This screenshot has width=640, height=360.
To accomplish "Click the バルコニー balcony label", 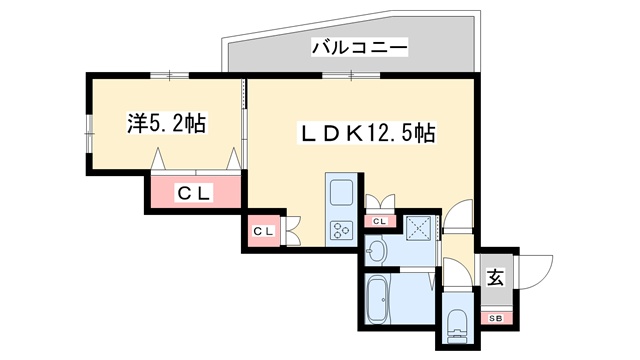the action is click(x=358, y=47).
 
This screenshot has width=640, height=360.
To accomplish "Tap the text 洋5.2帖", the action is click(x=166, y=124).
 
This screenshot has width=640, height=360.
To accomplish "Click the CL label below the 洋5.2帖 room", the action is click(x=195, y=193).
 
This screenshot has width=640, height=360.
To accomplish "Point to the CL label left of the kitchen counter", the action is click(x=262, y=232).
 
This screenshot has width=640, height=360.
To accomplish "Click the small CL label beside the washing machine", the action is click(x=380, y=221).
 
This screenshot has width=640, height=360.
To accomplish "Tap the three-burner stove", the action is click(x=340, y=229).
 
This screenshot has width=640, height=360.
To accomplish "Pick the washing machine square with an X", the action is click(x=417, y=228).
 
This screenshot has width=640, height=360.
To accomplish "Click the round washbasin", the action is click(x=379, y=250).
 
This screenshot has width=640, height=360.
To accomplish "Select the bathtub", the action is click(x=381, y=301).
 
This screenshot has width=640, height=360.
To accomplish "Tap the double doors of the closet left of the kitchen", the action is click(x=292, y=230).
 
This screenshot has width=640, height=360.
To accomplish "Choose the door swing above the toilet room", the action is click(x=455, y=272).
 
